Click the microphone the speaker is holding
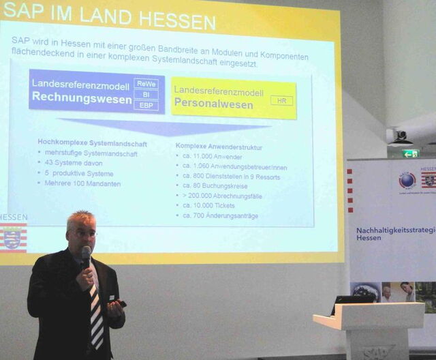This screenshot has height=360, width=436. pyautogui.click(x=86, y=256)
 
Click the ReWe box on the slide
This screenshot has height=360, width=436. pyautogui.click(x=146, y=84)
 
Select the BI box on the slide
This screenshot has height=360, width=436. pyautogui.click(x=146, y=95)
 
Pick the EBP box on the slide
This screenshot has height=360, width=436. pyautogui.click(x=146, y=106)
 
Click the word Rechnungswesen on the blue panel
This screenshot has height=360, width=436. pyautogui.click(x=82, y=98)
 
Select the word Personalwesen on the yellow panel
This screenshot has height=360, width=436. pyautogui.click(x=213, y=105)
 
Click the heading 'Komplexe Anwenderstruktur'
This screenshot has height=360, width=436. pyautogui.click(x=218, y=147)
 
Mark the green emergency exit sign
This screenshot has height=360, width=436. pyautogui.click(x=409, y=154)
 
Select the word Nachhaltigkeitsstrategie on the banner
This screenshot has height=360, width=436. pyautogui.click(x=395, y=230)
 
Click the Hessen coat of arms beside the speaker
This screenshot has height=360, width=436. pyautogui.click(x=12, y=238)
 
